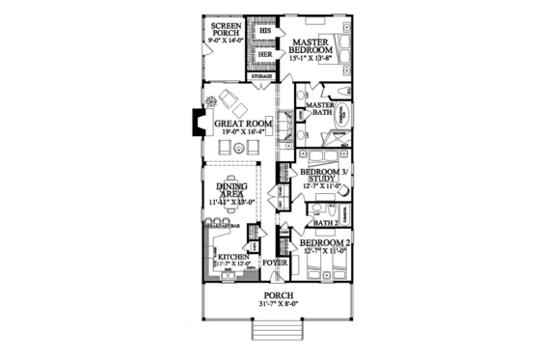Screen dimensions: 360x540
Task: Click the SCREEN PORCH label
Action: click(221, 30)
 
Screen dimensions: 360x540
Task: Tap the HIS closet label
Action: click(263, 31)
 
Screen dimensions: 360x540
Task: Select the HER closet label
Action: click(263, 55)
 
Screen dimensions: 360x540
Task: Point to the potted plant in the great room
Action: click(210, 98)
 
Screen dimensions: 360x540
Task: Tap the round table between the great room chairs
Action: click(237, 147)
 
